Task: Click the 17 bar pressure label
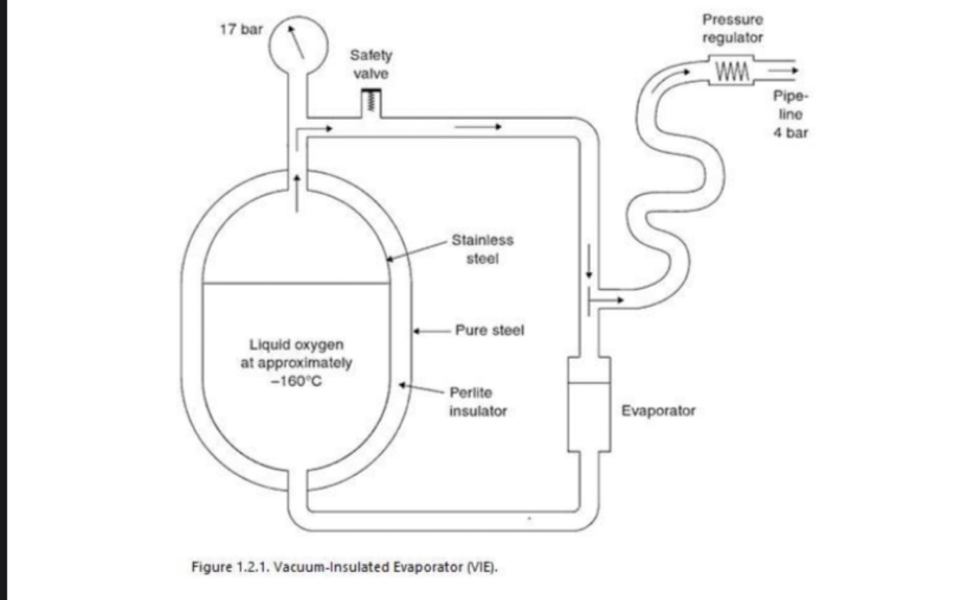240,32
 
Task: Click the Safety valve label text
371,64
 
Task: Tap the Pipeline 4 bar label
790,114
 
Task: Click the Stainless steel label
483,249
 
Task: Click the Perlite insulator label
478,401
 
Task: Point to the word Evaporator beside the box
658,410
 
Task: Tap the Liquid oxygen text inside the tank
297,344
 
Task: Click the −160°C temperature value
297,381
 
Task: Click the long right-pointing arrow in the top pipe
478,127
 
